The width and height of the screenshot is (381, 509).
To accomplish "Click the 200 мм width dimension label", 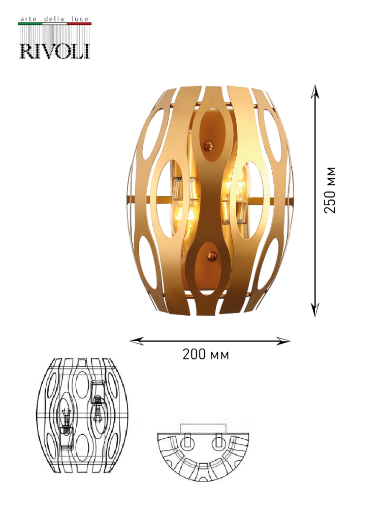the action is point(206,354).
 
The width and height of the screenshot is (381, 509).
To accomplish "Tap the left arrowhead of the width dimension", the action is point(136,341).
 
